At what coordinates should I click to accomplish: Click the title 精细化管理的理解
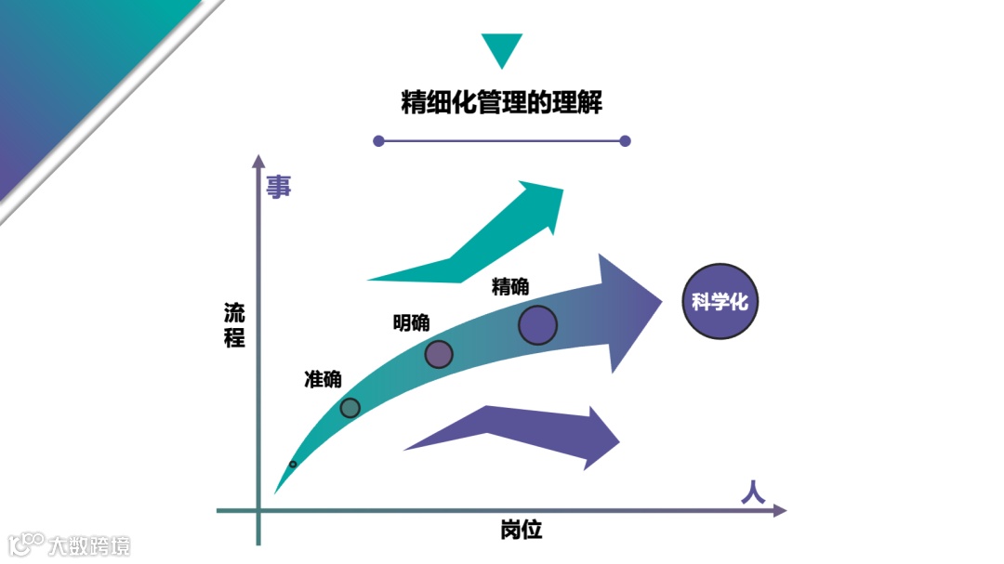click(x=501, y=101)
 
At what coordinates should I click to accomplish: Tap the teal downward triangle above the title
click(x=502, y=48)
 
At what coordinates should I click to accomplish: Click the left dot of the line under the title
click(x=378, y=141)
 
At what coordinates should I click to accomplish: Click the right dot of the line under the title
click(x=625, y=141)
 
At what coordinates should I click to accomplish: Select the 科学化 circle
click(x=720, y=302)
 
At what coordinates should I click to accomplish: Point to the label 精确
click(x=510, y=286)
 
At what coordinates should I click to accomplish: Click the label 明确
click(x=411, y=322)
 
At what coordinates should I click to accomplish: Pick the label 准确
click(x=323, y=379)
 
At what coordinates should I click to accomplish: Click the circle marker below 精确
click(x=537, y=325)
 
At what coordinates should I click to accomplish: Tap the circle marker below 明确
click(x=439, y=354)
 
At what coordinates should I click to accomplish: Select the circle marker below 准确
click(x=350, y=407)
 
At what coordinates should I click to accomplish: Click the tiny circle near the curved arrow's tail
click(x=293, y=464)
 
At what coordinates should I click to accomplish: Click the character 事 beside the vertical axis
click(x=279, y=187)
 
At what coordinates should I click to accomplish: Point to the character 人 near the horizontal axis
click(x=753, y=492)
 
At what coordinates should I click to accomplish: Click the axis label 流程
click(x=234, y=324)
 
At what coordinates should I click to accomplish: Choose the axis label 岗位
click(x=521, y=531)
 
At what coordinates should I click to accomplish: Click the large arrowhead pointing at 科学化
click(x=627, y=311)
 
